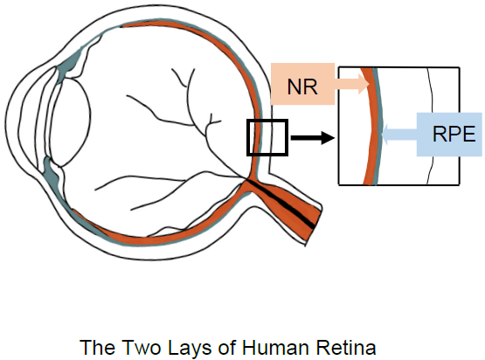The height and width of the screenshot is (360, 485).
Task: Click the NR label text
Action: pos(302,87)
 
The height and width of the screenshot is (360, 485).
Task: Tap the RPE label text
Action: pos(454,134)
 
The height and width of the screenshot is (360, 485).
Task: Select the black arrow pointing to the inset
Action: pos(312,138)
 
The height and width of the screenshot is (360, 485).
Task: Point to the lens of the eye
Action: pos(71,122)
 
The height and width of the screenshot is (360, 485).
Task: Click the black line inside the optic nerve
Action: pos(281,204)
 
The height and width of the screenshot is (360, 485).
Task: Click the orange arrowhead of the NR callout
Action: pos(364,84)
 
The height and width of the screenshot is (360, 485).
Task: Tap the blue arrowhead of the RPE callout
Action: pos(385,135)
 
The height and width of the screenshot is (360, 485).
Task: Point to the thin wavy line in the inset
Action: pos(430,126)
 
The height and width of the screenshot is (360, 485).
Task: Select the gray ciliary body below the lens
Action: pos(52,172)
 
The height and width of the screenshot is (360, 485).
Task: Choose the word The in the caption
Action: pos(99,347)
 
